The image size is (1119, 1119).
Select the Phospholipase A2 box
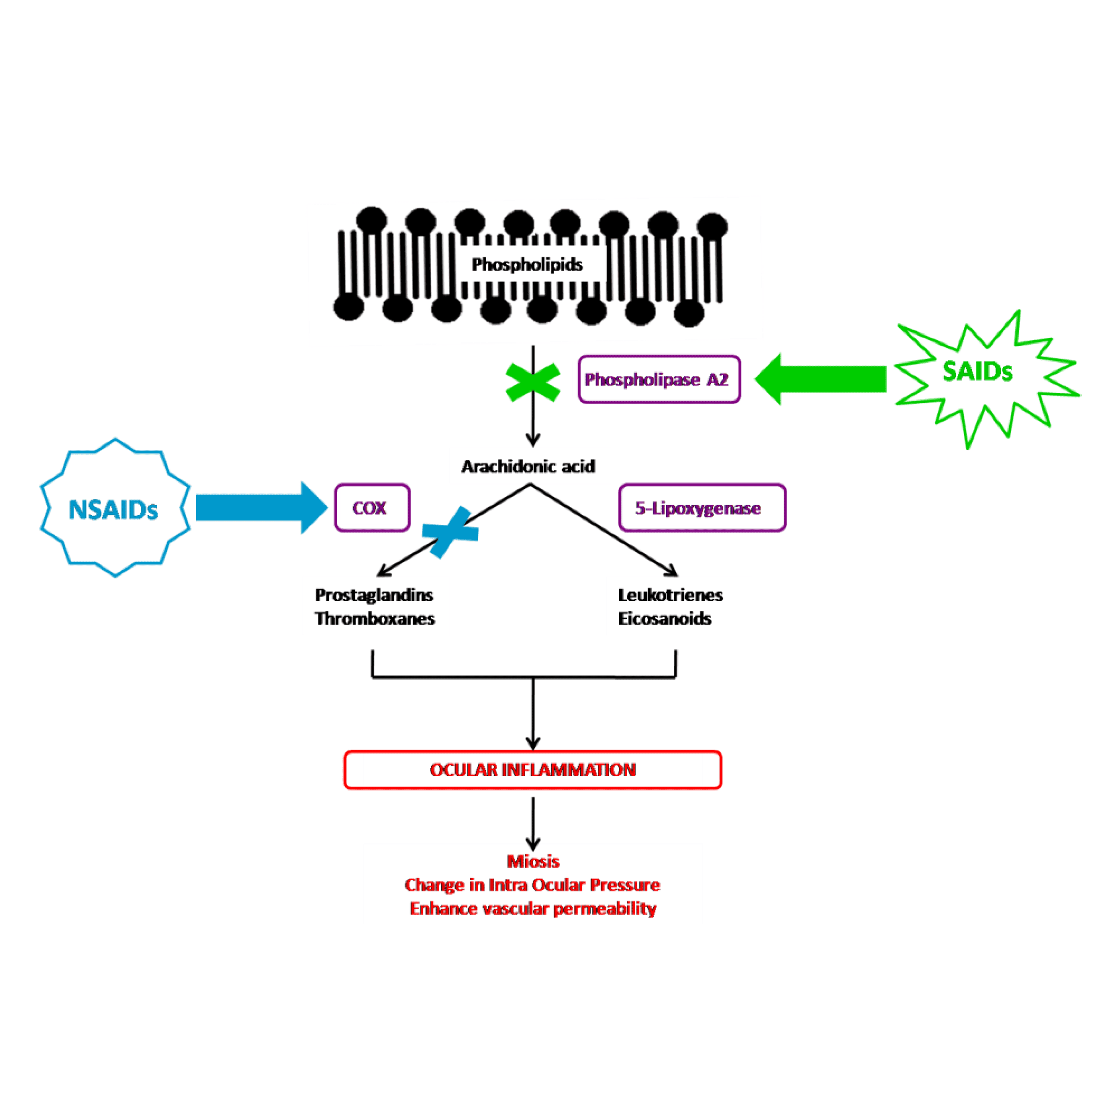[x=659, y=379]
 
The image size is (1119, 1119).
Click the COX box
[x=372, y=508]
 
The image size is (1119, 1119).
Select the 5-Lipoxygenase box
[x=702, y=508]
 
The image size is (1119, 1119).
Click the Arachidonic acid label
[x=528, y=466]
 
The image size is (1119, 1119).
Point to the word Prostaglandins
[x=374, y=595]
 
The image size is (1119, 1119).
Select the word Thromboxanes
[x=375, y=618]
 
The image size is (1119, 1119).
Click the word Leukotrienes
[x=670, y=595]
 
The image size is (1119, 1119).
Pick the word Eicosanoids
[x=664, y=618]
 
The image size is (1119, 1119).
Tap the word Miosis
[x=533, y=861]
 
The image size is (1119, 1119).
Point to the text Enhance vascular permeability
[x=533, y=908]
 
